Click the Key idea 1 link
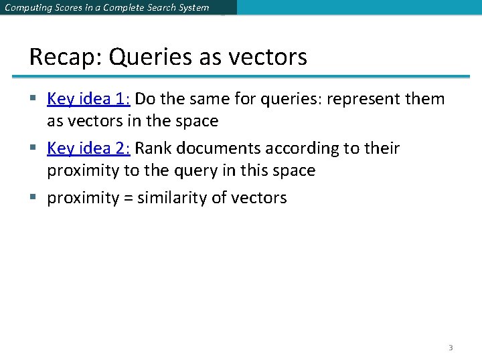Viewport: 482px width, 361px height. [88, 99]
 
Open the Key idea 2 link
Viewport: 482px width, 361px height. [88, 148]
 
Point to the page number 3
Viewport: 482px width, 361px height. [451, 348]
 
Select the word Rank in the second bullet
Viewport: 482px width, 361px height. [152, 148]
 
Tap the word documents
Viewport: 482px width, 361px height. [211, 148]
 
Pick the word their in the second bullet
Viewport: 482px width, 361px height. [382, 148]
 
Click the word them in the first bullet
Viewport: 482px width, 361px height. [424, 99]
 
